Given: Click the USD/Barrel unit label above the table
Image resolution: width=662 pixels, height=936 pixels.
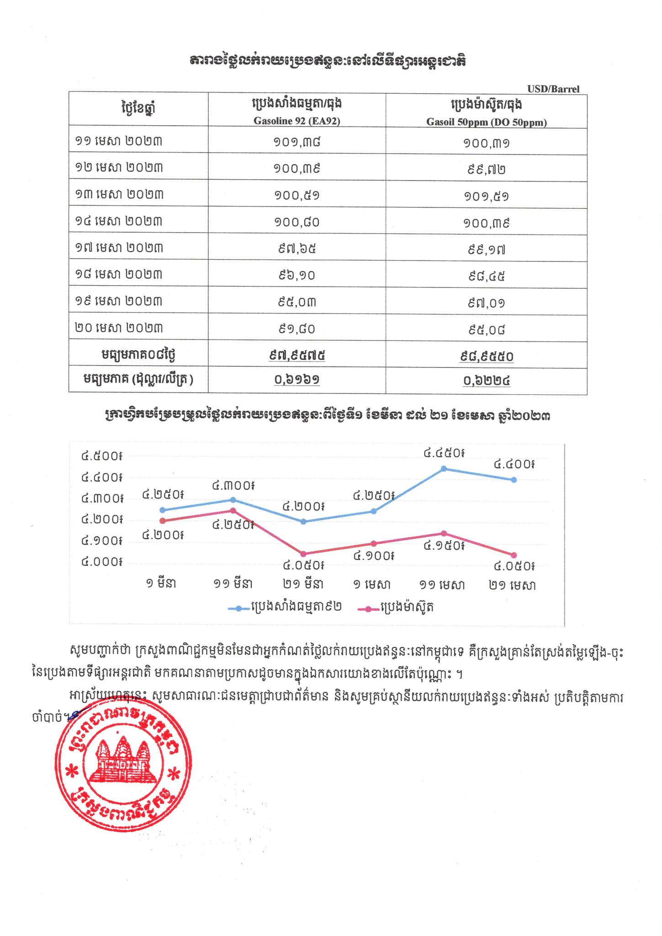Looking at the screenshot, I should pyautogui.click(x=553, y=89).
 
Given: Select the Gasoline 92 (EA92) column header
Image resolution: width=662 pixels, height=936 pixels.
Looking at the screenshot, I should pyautogui.click(x=297, y=122).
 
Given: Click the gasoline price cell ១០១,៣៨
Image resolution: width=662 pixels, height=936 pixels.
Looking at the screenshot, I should pyautogui.click(x=297, y=142).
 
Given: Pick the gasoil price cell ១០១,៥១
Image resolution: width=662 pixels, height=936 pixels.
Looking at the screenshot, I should pyautogui.click(x=486, y=196).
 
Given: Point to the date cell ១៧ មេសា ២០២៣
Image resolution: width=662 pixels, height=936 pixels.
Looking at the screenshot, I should pyautogui.click(x=119, y=248).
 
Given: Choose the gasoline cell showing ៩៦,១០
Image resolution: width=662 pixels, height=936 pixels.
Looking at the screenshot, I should pyautogui.click(x=297, y=275).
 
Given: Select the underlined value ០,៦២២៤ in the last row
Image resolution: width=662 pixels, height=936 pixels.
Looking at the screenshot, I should pyautogui.click(x=486, y=380).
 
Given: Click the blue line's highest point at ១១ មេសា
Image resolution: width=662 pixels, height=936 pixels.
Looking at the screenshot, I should pyautogui.click(x=444, y=468).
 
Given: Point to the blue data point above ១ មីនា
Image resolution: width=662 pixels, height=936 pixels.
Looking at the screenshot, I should pyautogui.click(x=162, y=510).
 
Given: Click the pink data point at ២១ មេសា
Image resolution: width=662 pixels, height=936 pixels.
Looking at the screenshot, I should pyautogui.click(x=514, y=555).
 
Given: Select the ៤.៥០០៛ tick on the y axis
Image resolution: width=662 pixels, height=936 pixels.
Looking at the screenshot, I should pyautogui.click(x=101, y=456).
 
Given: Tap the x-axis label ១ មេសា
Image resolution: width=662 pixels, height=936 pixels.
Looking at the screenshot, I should pyautogui.click(x=372, y=585).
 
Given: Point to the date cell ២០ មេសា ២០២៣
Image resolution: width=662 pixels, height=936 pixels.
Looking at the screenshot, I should pyautogui.click(x=119, y=328).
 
